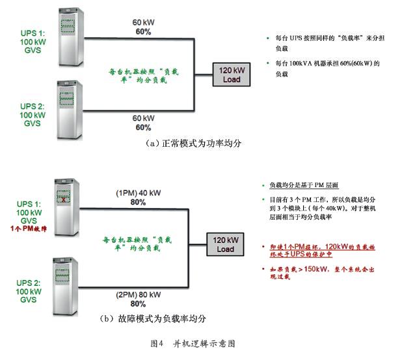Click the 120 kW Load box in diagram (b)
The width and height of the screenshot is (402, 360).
[224, 244]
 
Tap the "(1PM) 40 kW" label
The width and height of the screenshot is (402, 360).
[137, 193]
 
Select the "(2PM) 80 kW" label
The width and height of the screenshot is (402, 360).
[137, 294]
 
